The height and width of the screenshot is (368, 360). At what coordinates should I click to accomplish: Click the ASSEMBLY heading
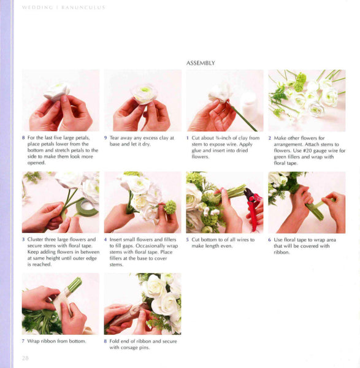(x=201, y=63)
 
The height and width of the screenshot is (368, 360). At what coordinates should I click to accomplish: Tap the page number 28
(x=25, y=358)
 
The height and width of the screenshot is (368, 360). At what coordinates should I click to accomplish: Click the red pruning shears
(x=253, y=207)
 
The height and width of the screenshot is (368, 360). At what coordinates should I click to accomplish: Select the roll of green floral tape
(x=86, y=207)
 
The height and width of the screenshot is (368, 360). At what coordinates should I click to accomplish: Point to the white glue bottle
(x=249, y=106)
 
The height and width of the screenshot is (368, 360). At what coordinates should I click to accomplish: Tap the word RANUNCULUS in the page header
(x=83, y=7)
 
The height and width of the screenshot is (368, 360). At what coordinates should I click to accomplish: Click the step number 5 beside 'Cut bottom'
(x=187, y=240)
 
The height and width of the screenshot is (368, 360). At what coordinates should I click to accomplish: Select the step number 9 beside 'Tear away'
(x=105, y=138)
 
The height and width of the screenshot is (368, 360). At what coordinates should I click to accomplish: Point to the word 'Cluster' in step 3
(x=35, y=239)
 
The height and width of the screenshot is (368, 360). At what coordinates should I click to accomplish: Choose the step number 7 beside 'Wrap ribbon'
(x=23, y=341)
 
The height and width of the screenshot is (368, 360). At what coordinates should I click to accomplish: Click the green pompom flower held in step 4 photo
(x=170, y=207)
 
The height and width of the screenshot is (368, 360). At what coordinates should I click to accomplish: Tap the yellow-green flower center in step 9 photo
(x=145, y=90)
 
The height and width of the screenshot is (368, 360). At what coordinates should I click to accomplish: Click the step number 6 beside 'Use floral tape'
(x=269, y=240)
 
